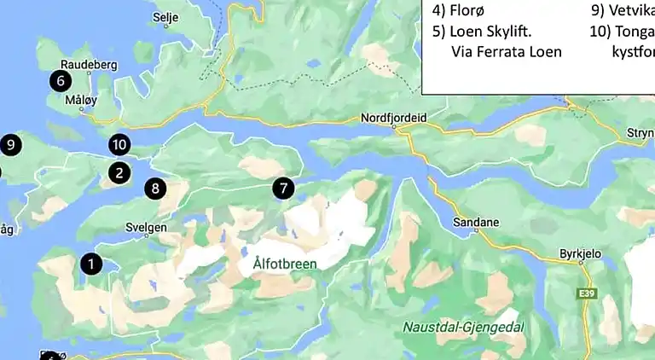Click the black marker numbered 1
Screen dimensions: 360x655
(x=91, y=264)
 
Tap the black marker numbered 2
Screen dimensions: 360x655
(x=119, y=173)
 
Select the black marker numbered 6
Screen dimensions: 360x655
(x=60, y=82)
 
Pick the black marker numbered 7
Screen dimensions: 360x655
(x=283, y=188)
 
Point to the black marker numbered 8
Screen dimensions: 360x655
(x=154, y=189)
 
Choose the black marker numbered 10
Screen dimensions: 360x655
(x=119, y=145)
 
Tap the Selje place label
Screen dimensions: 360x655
(x=166, y=16)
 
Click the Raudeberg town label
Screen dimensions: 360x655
(x=89, y=65)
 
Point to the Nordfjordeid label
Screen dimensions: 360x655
(x=393, y=118)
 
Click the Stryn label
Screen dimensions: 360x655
(x=640, y=133)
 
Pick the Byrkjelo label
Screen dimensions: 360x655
(x=580, y=253)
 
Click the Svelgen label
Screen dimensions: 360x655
(x=146, y=228)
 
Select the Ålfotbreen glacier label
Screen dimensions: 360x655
(x=285, y=264)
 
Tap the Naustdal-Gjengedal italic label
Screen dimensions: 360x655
(x=463, y=327)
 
